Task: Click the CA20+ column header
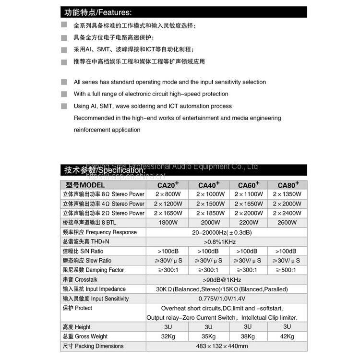168,185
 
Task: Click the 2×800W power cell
167,194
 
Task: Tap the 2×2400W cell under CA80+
287,213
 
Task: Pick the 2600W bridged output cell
287,223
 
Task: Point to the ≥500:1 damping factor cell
287,270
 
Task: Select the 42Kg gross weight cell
287,336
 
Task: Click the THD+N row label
86,242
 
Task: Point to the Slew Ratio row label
87,261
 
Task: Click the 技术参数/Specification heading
105,170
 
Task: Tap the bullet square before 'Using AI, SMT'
64,106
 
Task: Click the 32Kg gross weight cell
167,336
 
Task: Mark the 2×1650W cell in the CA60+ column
249,204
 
